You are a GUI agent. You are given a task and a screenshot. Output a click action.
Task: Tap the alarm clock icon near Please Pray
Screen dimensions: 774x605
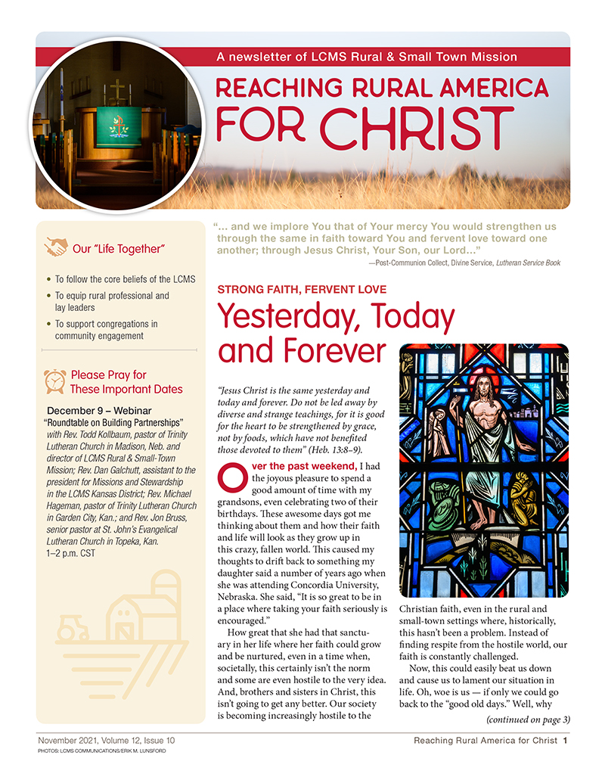pyautogui.click(x=54, y=381)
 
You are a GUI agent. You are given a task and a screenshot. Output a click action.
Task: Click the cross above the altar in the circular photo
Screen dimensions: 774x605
pyautogui.click(x=118, y=91)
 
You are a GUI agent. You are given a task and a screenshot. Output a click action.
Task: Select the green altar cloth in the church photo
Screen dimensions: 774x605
pyautogui.click(x=119, y=126)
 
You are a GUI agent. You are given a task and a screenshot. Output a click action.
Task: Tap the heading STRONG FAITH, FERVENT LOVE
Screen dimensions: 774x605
pyautogui.click(x=302, y=290)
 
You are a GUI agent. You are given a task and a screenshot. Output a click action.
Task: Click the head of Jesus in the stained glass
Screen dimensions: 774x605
pyautogui.click(x=481, y=387)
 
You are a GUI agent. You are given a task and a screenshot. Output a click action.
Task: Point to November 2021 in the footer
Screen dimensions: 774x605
pyautogui.click(x=67, y=740)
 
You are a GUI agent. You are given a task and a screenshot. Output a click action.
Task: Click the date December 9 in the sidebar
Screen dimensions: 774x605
pyautogui.click(x=76, y=410)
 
